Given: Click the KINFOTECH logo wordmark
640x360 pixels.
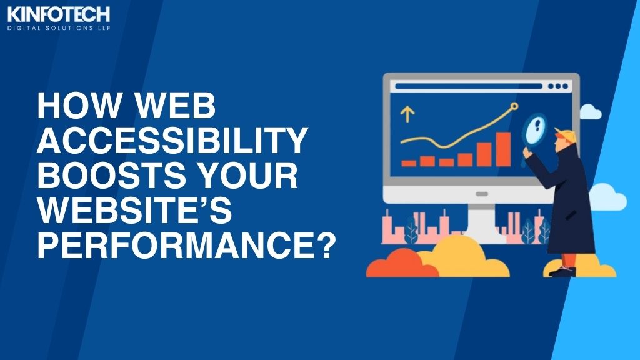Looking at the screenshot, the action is coord(59,14).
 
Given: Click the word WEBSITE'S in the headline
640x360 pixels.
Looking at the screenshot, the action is coord(135,210).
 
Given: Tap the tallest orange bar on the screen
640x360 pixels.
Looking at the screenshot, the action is coord(503,149).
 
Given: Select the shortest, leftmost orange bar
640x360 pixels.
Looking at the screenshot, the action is coord(409,163).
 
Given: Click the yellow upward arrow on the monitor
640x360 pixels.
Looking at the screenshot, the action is coord(407,114).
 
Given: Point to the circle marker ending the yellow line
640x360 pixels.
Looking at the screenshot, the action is coord(514,106).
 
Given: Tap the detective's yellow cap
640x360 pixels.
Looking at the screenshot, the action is coord(566,135).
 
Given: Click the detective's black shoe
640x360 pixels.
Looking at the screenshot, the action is coord(562,271).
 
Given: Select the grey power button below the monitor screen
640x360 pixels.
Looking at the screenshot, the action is coord(482,194).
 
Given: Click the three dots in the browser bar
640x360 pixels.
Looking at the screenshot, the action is coord(558,86).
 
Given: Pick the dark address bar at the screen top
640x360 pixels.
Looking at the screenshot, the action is coord(469,86).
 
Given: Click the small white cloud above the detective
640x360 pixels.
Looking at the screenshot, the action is coord(590,112).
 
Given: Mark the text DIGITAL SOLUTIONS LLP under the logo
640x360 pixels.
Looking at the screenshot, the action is coord(59,28).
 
